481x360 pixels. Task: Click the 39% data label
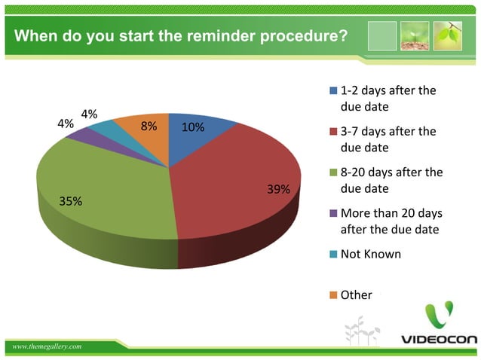coord(278,189)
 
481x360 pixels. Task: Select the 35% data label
coord(71,201)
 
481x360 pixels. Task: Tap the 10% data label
coord(193,127)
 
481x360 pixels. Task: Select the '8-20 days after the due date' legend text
coord(391,181)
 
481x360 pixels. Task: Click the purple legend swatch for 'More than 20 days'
coord(333,214)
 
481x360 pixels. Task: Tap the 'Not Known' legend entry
coord(370,254)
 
